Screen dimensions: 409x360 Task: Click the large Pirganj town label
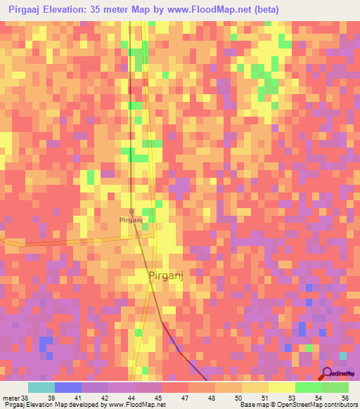tap(167, 276)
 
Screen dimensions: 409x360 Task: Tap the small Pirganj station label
tap(131, 220)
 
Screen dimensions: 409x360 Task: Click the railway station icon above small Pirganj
tap(131, 210)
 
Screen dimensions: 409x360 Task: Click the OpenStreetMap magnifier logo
tap(328, 374)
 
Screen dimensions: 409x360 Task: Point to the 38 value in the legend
tap(25, 397)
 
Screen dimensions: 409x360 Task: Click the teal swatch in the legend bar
tap(41, 387)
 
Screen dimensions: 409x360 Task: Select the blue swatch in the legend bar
tap(67, 387)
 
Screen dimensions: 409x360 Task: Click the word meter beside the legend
tap(11, 397)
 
